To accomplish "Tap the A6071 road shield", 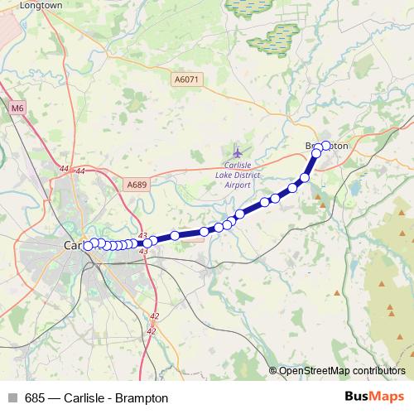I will point(186,79).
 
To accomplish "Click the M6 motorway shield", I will point(18,108).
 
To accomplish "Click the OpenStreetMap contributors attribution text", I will point(342,370).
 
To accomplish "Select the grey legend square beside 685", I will point(12,398).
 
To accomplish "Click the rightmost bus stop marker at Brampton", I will point(325,146).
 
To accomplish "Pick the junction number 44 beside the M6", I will point(65,170).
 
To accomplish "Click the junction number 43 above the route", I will point(142,235).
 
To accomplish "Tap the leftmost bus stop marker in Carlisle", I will point(88,244).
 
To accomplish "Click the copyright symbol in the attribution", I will point(273,370).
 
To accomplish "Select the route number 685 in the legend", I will point(35,398).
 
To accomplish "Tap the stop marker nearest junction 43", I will point(147,243).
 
